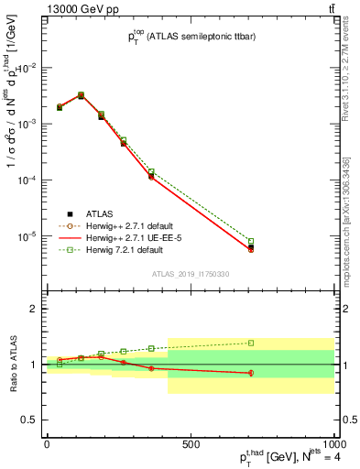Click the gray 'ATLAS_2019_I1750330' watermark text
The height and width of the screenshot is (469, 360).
[x=191, y=274]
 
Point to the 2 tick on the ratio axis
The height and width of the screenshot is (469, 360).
[x=30, y=309]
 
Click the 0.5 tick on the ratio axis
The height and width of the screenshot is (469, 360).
[x=27, y=420]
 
